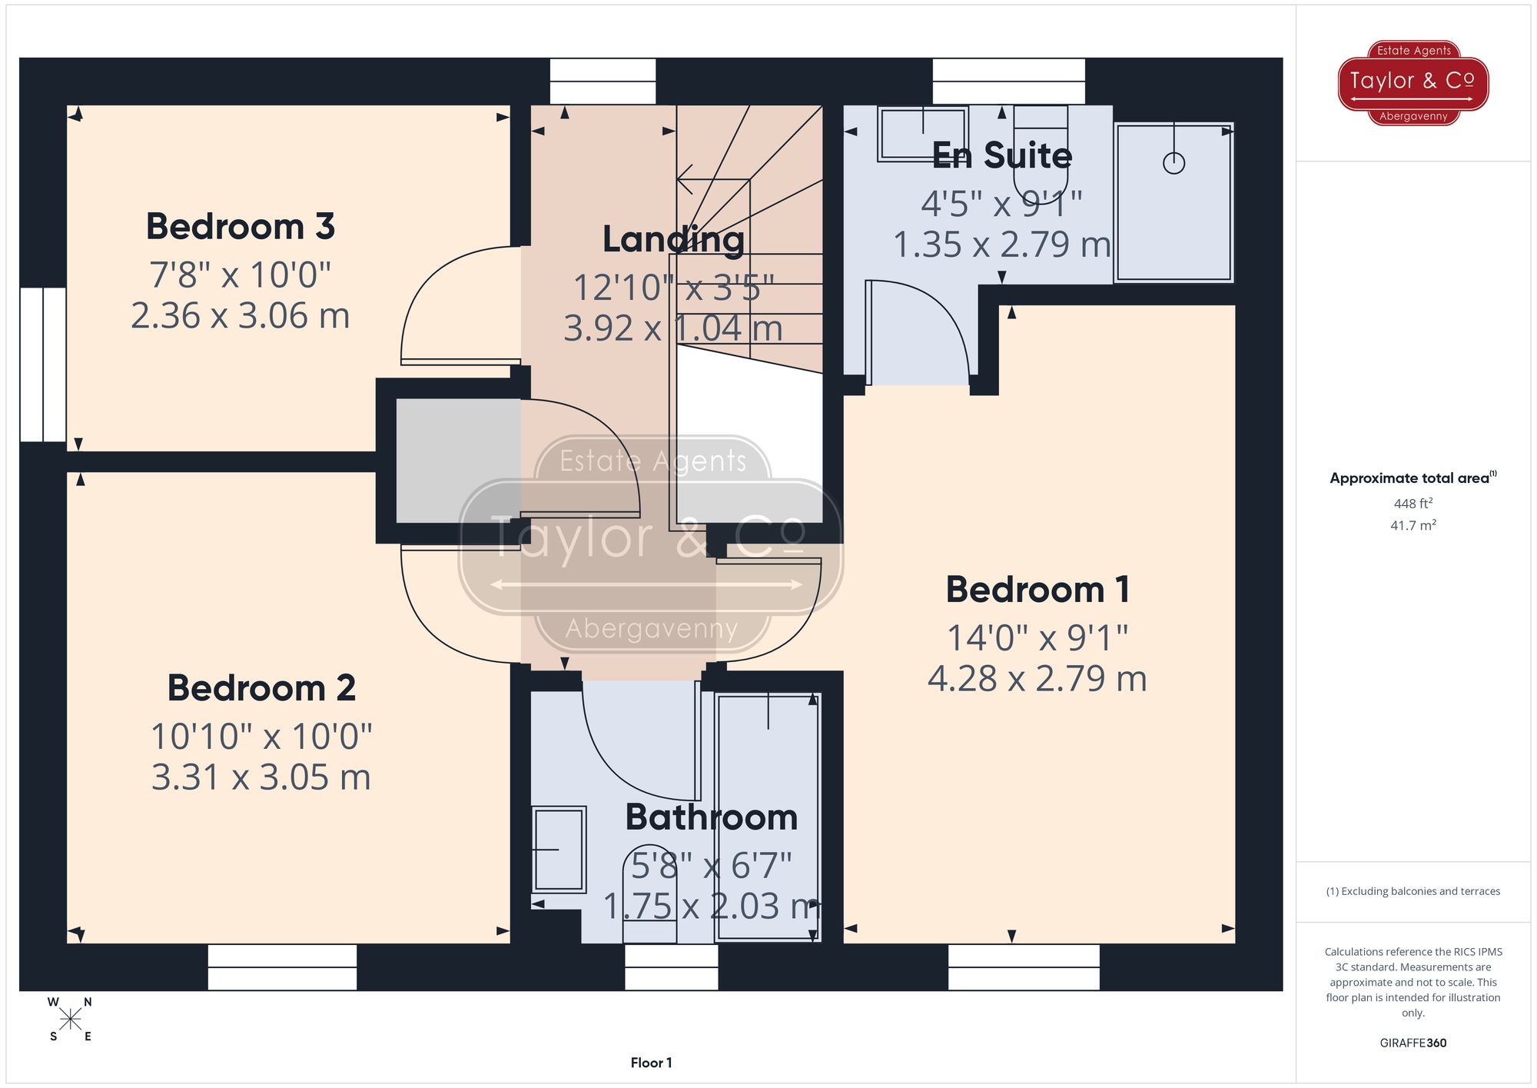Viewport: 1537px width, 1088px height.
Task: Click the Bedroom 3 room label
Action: (241, 227)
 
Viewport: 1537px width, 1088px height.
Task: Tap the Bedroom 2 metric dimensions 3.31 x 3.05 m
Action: (261, 777)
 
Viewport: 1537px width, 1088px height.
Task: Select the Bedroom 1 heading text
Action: (1037, 590)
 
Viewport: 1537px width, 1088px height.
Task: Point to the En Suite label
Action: (1001, 156)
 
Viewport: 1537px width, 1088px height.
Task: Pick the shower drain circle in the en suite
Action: (1173, 163)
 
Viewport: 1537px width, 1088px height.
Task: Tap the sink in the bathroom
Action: (559, 849)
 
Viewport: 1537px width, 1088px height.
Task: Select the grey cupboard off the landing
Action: (458, 460)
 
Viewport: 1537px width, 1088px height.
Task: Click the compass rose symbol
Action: (70, 1020)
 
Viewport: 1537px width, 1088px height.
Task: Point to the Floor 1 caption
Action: (651, 1063)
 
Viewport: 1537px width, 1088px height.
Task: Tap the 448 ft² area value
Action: (1413, 504)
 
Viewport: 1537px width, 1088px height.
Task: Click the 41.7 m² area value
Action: (1413, 525)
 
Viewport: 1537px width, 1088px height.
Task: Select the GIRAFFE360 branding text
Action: (1413, 1043)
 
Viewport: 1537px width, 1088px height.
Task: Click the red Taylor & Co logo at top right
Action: (1413, 82)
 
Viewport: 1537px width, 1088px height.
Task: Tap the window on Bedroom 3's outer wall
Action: (43, 364)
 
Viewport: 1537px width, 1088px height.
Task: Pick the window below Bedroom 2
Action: (282, 967)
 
